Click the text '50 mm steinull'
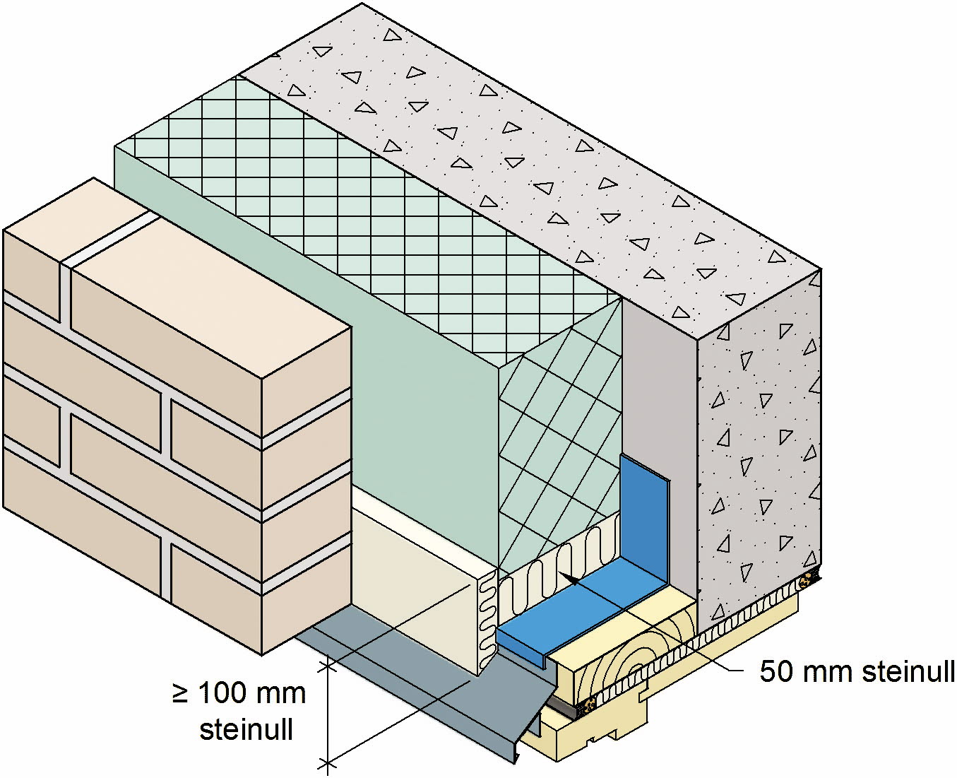pos(857,672)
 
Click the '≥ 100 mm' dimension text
pos(239,693)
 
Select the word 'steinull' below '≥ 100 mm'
pos(246,729)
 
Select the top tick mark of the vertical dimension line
pos(326,665)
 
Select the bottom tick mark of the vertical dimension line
pos(326,762)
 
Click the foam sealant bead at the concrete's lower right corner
pos(807,582)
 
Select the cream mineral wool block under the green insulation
pos(417,587)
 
